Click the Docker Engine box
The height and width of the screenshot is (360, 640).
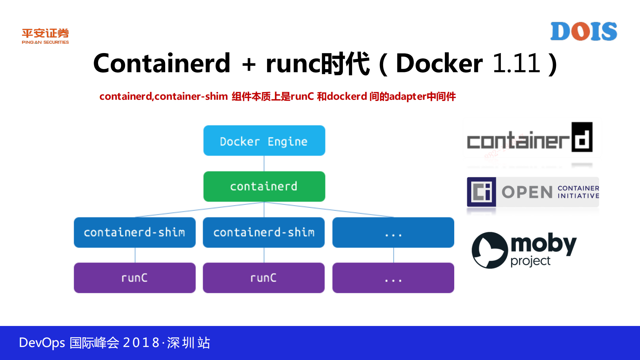264,140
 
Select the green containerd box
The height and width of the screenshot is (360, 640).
264,186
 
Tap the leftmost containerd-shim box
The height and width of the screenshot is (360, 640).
134,232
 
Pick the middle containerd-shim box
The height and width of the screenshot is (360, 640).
264,232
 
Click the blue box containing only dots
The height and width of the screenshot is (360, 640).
393,232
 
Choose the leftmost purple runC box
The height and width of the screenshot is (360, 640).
134,278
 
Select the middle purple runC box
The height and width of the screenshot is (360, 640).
264,278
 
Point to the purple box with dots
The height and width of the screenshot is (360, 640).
393,278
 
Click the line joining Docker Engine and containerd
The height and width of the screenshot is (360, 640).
264,163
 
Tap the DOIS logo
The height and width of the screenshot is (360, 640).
583,31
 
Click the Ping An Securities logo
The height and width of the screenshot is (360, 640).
45,36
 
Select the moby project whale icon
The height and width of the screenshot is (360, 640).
489,250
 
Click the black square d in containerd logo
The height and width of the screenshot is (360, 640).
582,137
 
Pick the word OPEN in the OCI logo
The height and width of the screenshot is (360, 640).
527,192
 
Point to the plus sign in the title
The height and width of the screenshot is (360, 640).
249,64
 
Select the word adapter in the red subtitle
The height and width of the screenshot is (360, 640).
408,96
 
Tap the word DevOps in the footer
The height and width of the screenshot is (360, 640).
42,343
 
